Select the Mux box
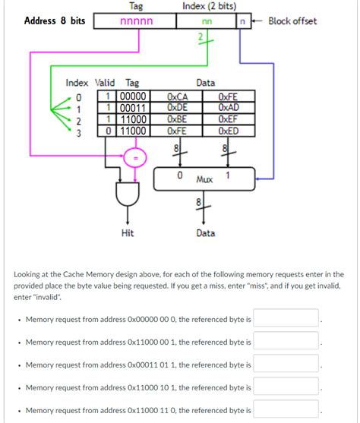coord(203,178)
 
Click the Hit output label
coord(128,233)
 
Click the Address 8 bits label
coord(55,21)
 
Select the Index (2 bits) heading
coord(209,7)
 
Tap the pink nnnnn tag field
coord(137,21)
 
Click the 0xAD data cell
coord(228,108)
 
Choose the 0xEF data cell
coord(228,119)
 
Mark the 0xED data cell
coord(228,131)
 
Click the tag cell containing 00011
coord(132,108)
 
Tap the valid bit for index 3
coord(109,131)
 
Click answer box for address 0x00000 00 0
coord(286,319)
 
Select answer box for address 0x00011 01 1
coord(286,365)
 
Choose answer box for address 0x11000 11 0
coord(286,410)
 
